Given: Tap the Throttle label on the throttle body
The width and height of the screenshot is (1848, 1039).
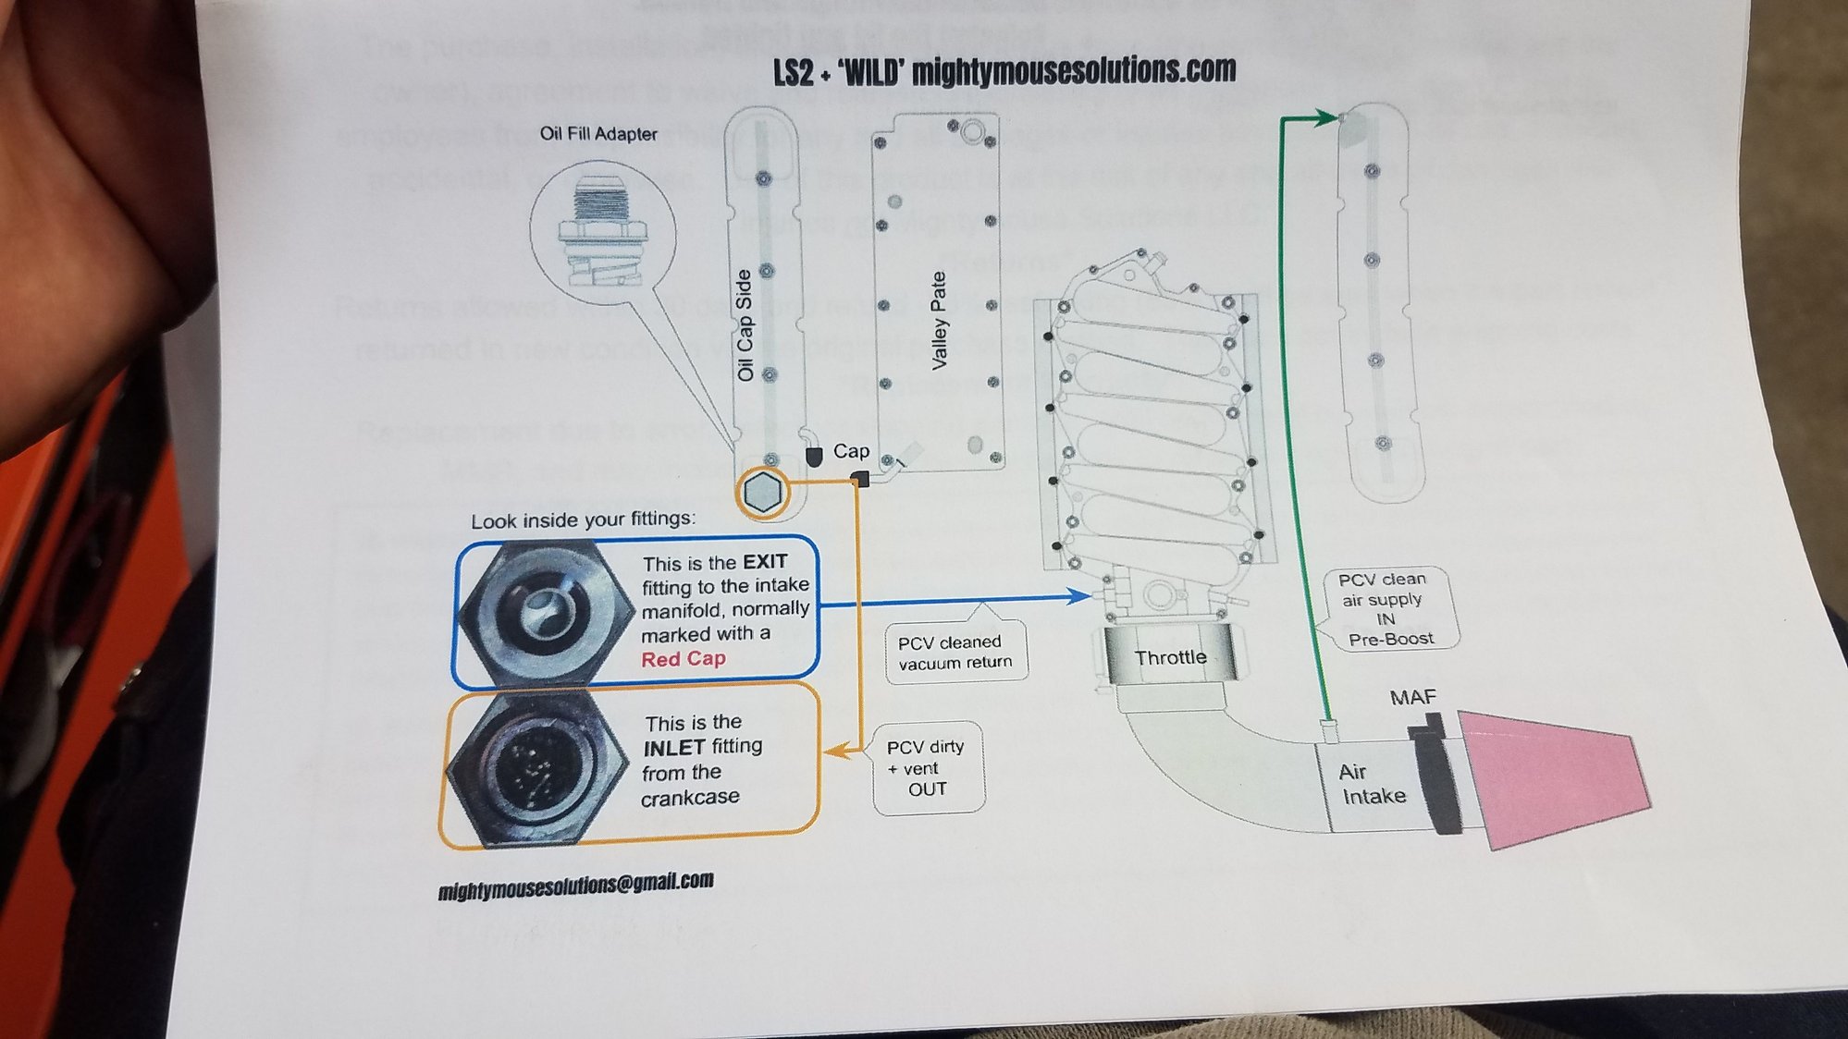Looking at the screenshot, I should pyautogui.click(x=1170, y=657).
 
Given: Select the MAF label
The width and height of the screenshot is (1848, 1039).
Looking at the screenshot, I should pyautogui.click(x=1412, y=697).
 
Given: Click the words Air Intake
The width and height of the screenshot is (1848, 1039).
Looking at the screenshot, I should pyautogui.click(x=1373, y=784).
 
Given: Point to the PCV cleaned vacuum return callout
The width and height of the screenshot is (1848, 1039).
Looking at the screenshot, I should pyautogui.click(x=955, y=652).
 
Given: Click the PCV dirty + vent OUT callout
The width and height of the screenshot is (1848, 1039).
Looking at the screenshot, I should pyautogui.click(x=926, y=768).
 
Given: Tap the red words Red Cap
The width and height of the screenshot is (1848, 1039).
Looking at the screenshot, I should pyautogui.click(x=684, y=659).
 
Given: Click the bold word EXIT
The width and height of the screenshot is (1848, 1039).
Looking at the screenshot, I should pyautogui.click(x=765, y=562).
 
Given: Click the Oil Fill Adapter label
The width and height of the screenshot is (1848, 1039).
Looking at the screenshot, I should pyautogui.click(x=598, y=134).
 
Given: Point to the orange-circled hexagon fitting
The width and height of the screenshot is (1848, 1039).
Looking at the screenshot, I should pyautogui.click(x=763, y=492).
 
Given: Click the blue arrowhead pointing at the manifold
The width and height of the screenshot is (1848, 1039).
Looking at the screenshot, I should pyautogui.click(x=1079, y=596).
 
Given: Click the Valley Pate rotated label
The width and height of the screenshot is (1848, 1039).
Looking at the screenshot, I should pyautogui.click(x=940, y=321).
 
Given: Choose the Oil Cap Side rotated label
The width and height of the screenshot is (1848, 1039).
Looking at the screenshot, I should pyautogui.click(x=745, y=325).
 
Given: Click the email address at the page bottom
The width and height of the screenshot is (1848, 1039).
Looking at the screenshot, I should pyautogui.click(x=575, y=886).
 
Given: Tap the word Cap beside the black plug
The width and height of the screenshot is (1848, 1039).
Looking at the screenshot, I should pyautogui.click(x=851, y=451).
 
